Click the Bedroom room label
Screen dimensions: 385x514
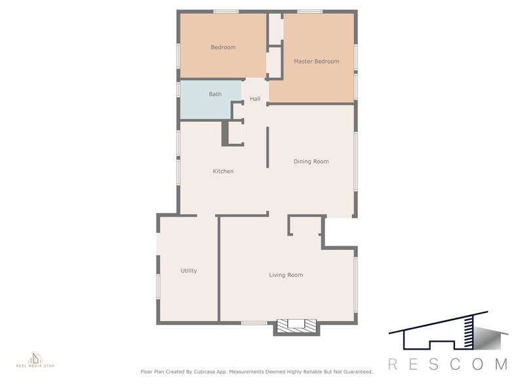(x=223, y=47)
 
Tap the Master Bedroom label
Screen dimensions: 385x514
(x=316, y=61)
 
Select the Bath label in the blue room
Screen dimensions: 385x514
(x=215, y=94)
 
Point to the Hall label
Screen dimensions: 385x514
(x=255, y=99)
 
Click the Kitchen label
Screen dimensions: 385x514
(x=223, y=171)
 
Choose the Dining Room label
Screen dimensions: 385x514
(x=311, y=161)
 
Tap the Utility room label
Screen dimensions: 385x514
(x=189, y=270)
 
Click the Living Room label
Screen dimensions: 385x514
(x=286, y=275)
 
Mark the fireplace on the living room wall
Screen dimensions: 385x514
(x=296, y=327)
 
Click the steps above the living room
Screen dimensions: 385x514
(x=305, y=227)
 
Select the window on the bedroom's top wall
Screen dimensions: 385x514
(x=226, y=11)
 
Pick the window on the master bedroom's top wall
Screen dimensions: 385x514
(x=309, y=11)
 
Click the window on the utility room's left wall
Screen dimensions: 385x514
(x=157, y=286)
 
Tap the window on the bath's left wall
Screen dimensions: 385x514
(x=178, y=90)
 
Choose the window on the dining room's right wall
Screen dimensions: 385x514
(x=356, y=161)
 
